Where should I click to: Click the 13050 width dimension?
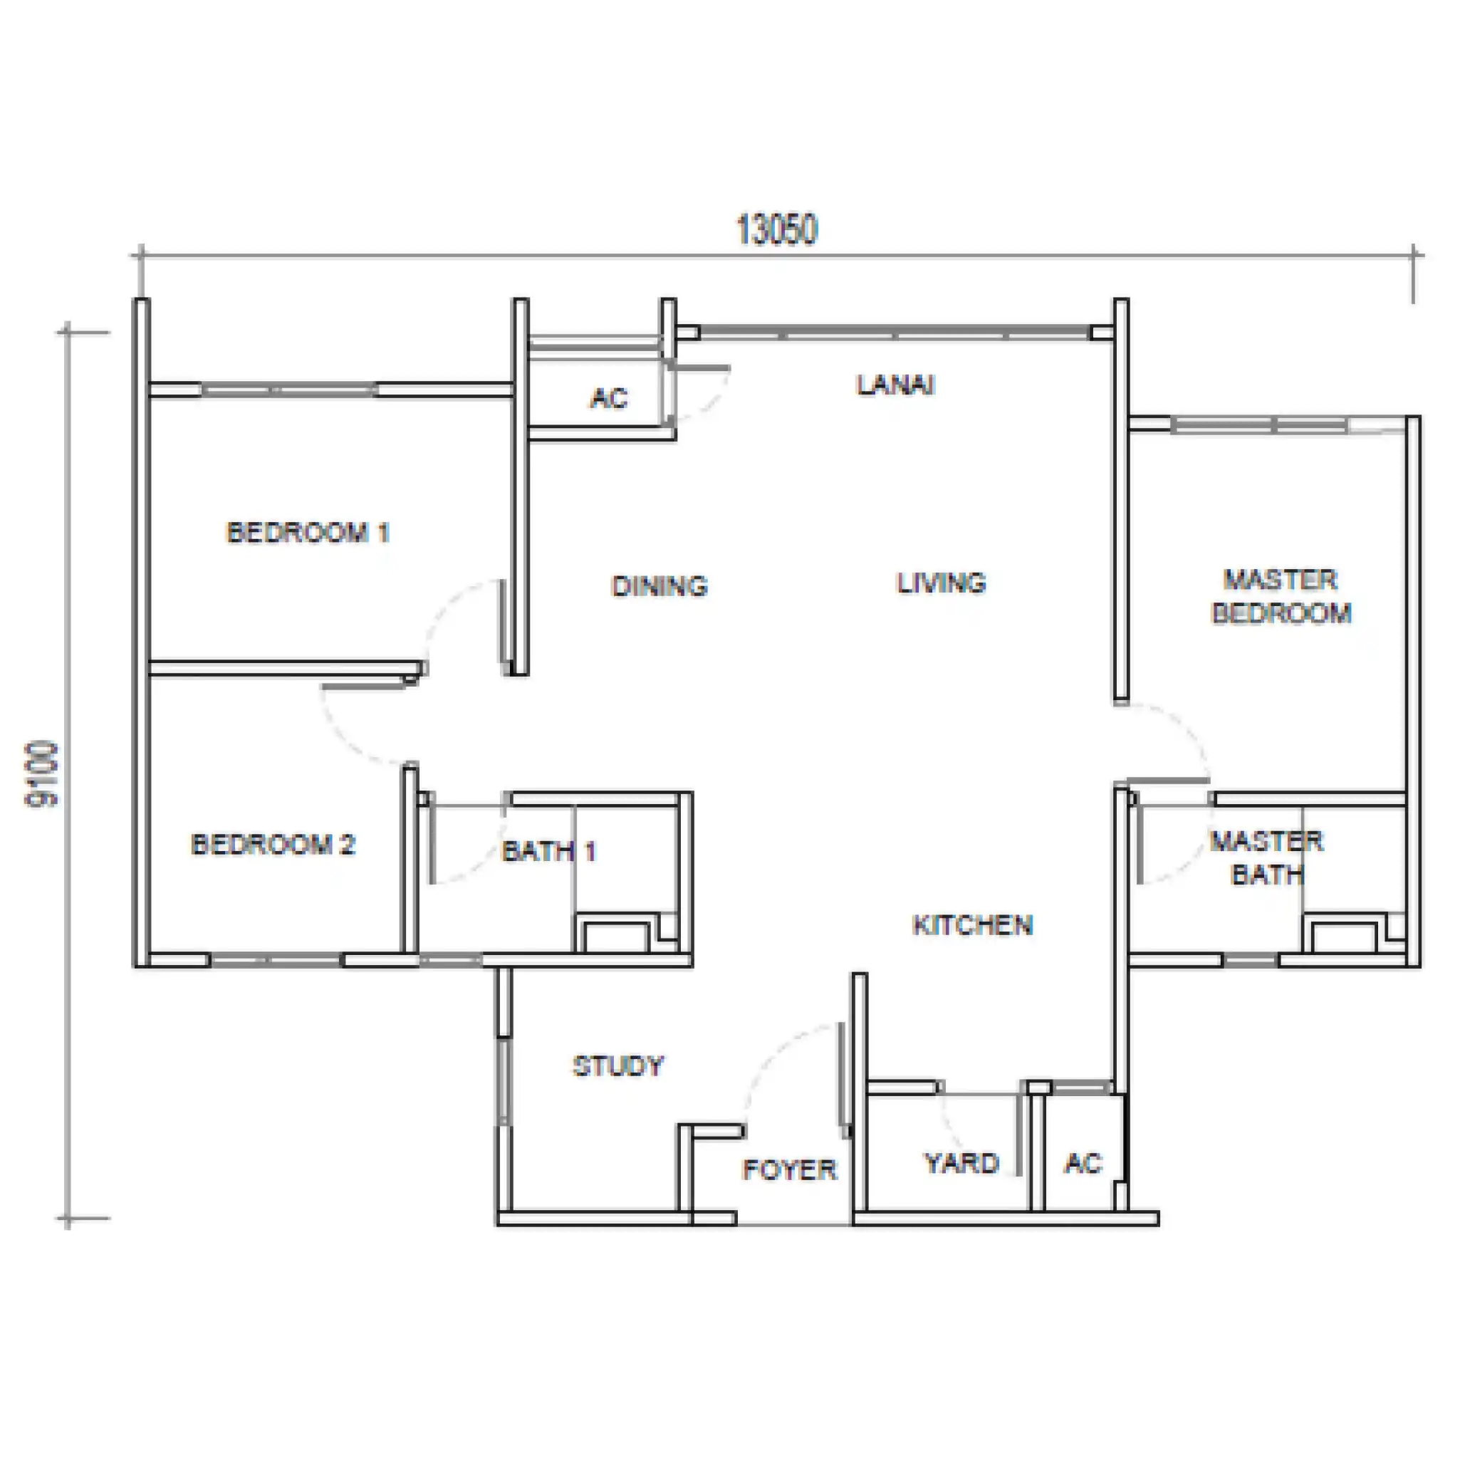777,230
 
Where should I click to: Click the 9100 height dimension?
42,775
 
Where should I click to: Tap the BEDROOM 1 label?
308,533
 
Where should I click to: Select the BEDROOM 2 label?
273,844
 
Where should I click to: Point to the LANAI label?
895,385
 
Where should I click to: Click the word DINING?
659,585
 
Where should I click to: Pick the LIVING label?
942,583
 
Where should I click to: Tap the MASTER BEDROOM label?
1282,596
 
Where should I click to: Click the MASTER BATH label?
1267,857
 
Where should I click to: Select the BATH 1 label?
549,852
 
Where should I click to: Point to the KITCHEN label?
973,925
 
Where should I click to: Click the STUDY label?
618,1066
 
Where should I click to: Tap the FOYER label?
790,1170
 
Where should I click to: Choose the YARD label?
962,1162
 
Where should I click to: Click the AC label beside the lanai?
609,397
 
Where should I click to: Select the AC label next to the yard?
1084,1162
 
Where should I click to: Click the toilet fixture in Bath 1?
616,936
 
